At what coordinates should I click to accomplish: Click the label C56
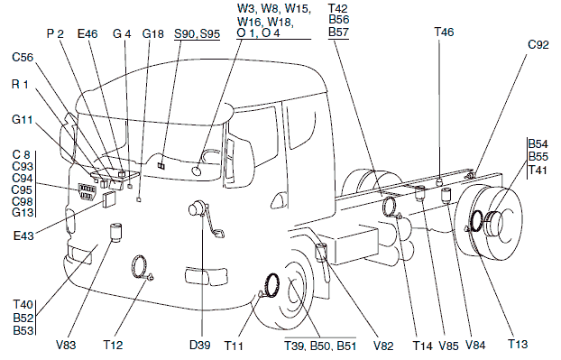click(x=23, y=57)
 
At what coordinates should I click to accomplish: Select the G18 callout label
click(x=152, y=33)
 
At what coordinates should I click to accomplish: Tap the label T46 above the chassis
click(x=444, y=32)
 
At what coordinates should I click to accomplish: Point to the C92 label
click(x=538, y=44)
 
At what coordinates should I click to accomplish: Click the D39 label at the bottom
click(x=199, y=345)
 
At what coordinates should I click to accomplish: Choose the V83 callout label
click(x=66, y=345)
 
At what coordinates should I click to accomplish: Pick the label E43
click(x=23, y=235)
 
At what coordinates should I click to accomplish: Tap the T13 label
click(x=518, y=344)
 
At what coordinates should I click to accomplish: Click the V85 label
click(x=448, y=346)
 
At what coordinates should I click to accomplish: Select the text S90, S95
click(x=197, y=34)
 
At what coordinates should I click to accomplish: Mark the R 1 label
click(x=20, y=85)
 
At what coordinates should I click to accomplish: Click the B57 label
click(x=338, y=32)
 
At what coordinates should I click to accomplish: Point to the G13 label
click(x=23, y=212)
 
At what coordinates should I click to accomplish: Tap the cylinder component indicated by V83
click(x=115, y=232)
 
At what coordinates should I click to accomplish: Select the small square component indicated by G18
click(x=139, y=199)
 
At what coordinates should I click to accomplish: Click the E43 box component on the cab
click(x=109, y=199)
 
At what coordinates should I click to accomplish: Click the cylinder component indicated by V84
click(x=446, y=194)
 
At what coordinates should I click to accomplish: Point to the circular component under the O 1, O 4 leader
click(x=197, y=171)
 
